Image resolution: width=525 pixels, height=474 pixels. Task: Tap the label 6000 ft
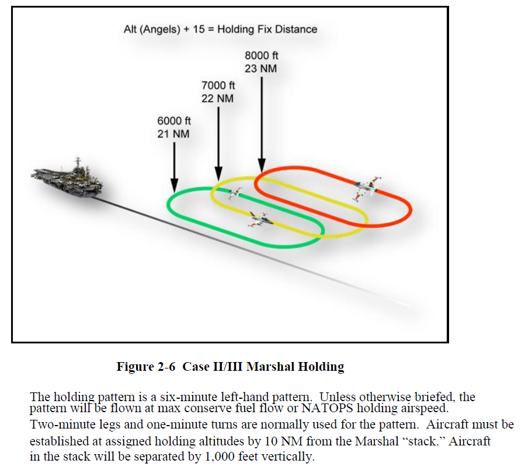(174, 121)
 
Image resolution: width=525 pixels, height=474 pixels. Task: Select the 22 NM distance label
(217, 99)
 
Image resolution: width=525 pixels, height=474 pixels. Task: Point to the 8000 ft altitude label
(261, 55)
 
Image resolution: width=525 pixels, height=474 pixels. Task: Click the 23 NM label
(261, 68)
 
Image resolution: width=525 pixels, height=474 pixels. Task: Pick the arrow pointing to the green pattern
(174, 166)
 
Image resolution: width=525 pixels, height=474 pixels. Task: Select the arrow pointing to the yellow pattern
(218, 143)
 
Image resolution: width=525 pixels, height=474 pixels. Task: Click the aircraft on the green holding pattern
(257, 219)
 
